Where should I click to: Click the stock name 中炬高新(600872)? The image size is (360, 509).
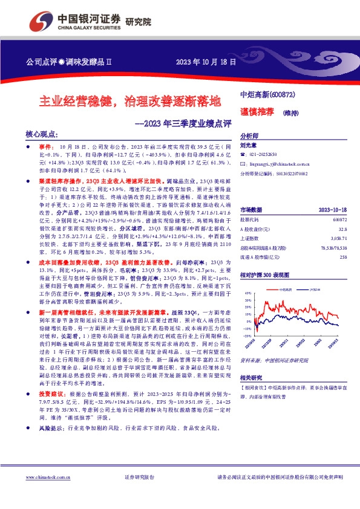click(267, 96)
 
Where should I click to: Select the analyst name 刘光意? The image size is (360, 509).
click(249, 145)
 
